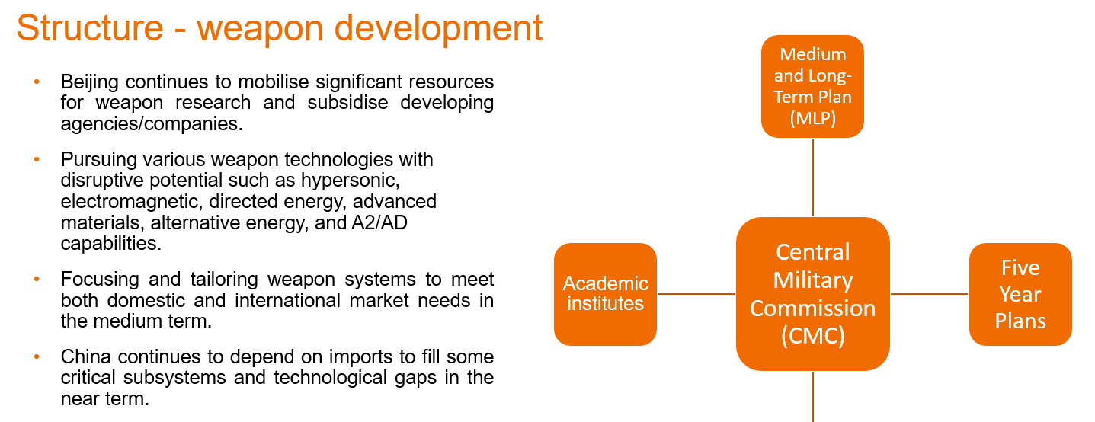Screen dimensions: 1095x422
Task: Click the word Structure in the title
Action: (x=90, y=28)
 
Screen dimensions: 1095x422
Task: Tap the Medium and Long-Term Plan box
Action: (x=812, y=86)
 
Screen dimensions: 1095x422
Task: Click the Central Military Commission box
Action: (x=813, y=294)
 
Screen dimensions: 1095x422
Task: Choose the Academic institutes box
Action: (x=605, y=294)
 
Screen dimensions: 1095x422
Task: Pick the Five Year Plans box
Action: (x=1020, y=294)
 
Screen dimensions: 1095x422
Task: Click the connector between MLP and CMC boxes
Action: (x=813, y=177)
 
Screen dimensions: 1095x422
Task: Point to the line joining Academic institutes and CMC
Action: (x=696, y=294)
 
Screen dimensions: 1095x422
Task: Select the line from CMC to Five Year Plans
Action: (x=930, y=294)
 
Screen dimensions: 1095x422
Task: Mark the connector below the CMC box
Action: (x=813, y=396)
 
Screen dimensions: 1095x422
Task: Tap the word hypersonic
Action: (x=350, y=181)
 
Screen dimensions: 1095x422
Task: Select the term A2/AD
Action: (x=379, y=222)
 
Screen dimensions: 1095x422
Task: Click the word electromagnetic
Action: (x=132, y=202)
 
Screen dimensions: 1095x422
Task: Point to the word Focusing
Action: (x=101, y=280)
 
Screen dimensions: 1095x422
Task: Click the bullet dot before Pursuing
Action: (x=37, y=159)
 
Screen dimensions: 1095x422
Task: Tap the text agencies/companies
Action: (x=152, y=125)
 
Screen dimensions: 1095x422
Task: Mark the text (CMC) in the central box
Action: (x=813, y=336)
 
